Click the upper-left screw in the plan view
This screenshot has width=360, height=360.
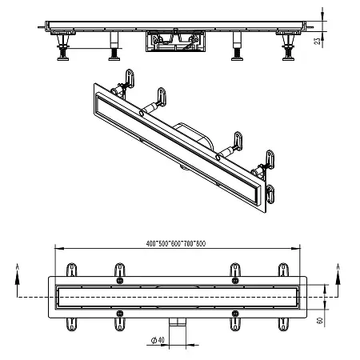pyautogui.click(x=119, y=281)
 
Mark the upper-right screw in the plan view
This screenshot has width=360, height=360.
pyautogui.click(x=234, y=281)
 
